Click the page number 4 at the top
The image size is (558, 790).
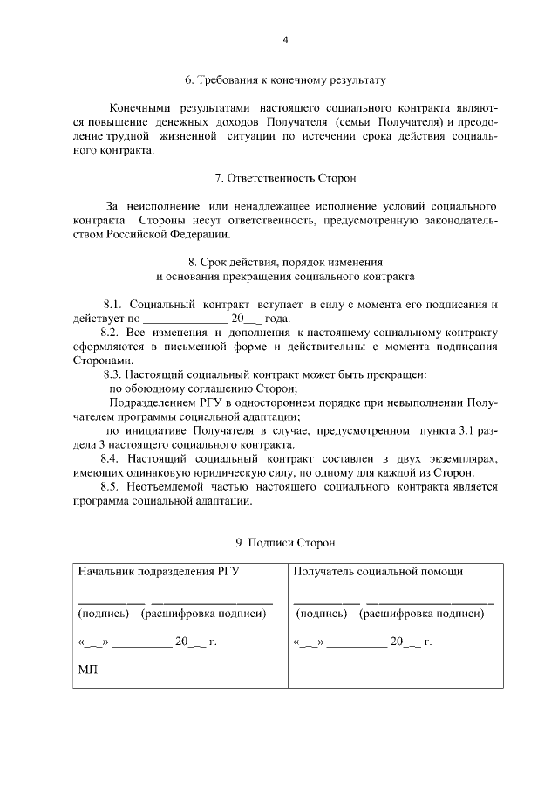[284, 39]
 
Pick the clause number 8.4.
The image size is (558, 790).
[113, 458]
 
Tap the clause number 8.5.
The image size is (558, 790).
[113, 486]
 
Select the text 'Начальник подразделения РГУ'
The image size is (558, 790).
[159, 572]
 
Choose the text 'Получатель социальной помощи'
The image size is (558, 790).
[378, 572]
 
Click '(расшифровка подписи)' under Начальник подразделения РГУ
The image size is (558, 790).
[203, 614]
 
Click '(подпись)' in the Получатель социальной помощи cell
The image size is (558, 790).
[323, 614]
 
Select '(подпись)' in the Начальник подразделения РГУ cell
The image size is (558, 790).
[104, 614]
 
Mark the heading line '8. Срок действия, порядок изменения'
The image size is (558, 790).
[284, 262]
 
